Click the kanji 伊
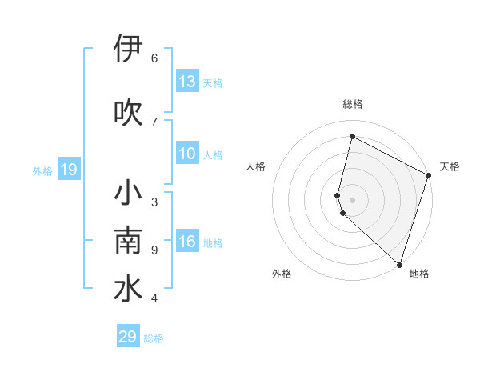tap(128, 50)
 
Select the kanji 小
tap(128, 194)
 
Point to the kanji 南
tap(128, 242)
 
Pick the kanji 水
tap(128, 290)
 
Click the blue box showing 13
tap(186, 82)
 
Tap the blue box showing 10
tap(186, 154)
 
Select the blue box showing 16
tap(186, 242)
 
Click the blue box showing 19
tap(68, 170)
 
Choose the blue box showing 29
tap(128, 337)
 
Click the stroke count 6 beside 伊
tap(154, 58)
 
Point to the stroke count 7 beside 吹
tap(154, 122)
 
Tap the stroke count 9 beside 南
tap(154, 250)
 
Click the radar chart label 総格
tap(353, 104)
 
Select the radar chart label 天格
tap(450, 166)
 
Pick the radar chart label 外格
tap(282, 274)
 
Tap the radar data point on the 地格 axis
tap(399, 264)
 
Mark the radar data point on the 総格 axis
tap(352, 136)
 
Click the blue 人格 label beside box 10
tap(213, 154)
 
